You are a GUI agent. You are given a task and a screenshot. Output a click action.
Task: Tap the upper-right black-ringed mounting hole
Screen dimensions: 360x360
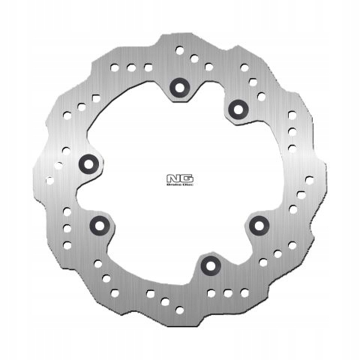[x=238, y=109]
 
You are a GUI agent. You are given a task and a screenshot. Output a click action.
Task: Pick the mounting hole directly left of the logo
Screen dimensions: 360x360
[x=88, y=162]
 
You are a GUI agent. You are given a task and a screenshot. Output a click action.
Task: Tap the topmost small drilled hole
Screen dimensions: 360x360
[x=180, y=50]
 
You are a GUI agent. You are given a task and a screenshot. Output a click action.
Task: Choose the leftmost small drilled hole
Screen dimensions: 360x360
[x=49, y=180]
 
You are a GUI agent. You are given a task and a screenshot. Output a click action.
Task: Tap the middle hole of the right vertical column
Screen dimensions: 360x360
[x=291, y=131]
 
